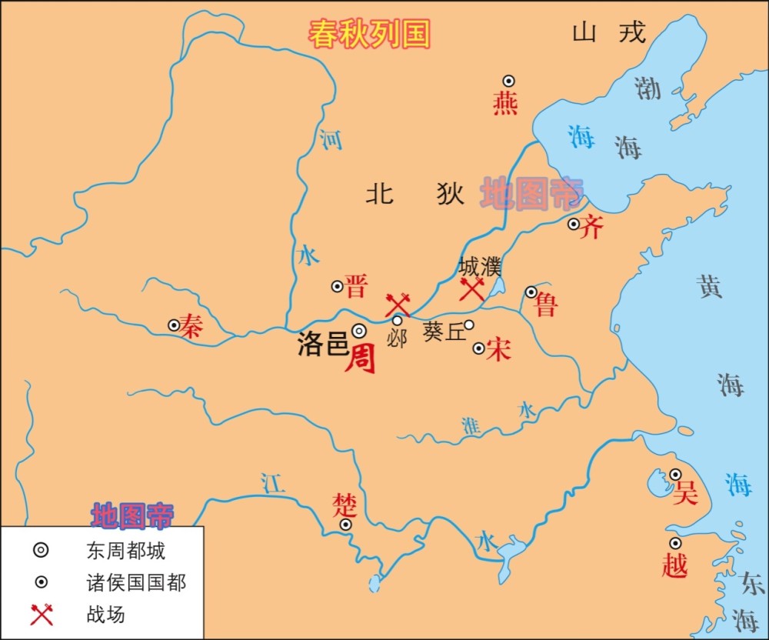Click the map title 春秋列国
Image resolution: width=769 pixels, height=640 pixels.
coord(369,35)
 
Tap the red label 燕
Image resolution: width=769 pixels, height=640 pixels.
coord(505,102)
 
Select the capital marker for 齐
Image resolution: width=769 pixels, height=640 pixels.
coord(574,224)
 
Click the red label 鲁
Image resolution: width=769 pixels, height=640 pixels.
coord(546,305)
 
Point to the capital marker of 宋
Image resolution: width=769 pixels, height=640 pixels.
coord(478,348)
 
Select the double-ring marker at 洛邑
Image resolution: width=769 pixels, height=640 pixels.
coord(359,331)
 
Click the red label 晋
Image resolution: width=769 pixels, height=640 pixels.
coord(356,286)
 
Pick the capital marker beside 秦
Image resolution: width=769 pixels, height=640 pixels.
coord(175,325)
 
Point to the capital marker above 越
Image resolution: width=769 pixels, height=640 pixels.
coord(675,543)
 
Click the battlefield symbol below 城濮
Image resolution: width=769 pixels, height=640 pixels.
coord(471,290)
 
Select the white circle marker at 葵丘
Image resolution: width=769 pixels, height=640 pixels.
coord(468,325)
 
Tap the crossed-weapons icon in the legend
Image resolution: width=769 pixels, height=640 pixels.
coord(42,614)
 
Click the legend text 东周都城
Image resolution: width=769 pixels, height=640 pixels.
coord(125,551)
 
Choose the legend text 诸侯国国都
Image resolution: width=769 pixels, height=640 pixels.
coord(136,582)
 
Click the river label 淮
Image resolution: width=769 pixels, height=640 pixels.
coord(471,425)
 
